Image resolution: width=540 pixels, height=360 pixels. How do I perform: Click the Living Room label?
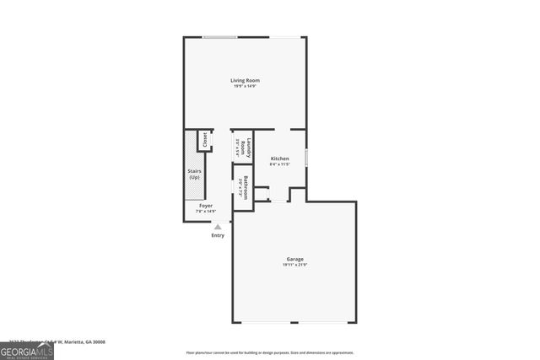tap(246, 80)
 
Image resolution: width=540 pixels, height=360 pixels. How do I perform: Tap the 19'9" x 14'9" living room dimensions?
tap(246, 86)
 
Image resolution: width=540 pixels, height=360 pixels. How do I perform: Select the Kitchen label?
tap(279, 159)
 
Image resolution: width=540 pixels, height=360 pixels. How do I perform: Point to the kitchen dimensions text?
tap(279, 164)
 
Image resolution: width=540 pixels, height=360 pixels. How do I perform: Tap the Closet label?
tap(204, 139)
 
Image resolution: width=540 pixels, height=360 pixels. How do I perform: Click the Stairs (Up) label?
tap(195, 175)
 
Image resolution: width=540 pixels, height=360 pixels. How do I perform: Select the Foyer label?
tap(205, 205)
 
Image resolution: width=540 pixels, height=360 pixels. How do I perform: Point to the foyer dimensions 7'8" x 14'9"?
tap(206, 211)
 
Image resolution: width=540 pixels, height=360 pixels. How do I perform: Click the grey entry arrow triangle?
tap(218, 226)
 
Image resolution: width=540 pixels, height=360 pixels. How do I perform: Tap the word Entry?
tap(218, 235)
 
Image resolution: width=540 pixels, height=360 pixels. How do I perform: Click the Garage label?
tap(294, 259)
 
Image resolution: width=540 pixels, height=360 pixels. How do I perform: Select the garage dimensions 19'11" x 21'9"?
tap(294, 265)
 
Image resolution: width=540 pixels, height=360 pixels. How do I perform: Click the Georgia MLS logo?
tap(27, 351)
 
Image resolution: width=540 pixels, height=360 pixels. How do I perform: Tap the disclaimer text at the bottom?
tap(270, 352)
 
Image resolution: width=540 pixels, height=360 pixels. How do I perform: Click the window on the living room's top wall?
tap(219, 37)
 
